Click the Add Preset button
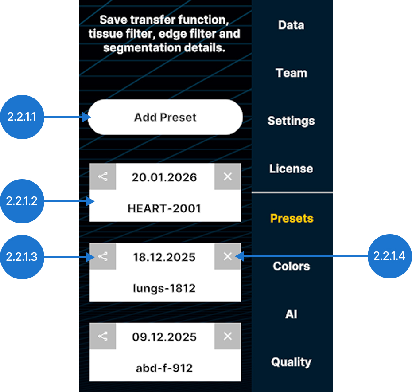point(165,117)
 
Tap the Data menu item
point(291,25)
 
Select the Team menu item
point(292,73)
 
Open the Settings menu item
point(291,121)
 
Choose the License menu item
point(291,169)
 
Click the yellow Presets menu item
point(292,218)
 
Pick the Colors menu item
point(292,266)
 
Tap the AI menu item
point(291,314)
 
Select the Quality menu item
point(291,362)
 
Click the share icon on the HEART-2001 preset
point(103,176)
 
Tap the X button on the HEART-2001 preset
point(228,176)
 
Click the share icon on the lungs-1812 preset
point(103,256)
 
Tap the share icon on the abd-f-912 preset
point(103,336)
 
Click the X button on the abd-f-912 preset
point(228,336)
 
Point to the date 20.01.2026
point(164,177)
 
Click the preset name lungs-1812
point(164,288)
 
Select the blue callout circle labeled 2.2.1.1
point(22,117)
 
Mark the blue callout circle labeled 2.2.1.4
point(390,256)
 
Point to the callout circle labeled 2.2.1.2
point(22,201)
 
